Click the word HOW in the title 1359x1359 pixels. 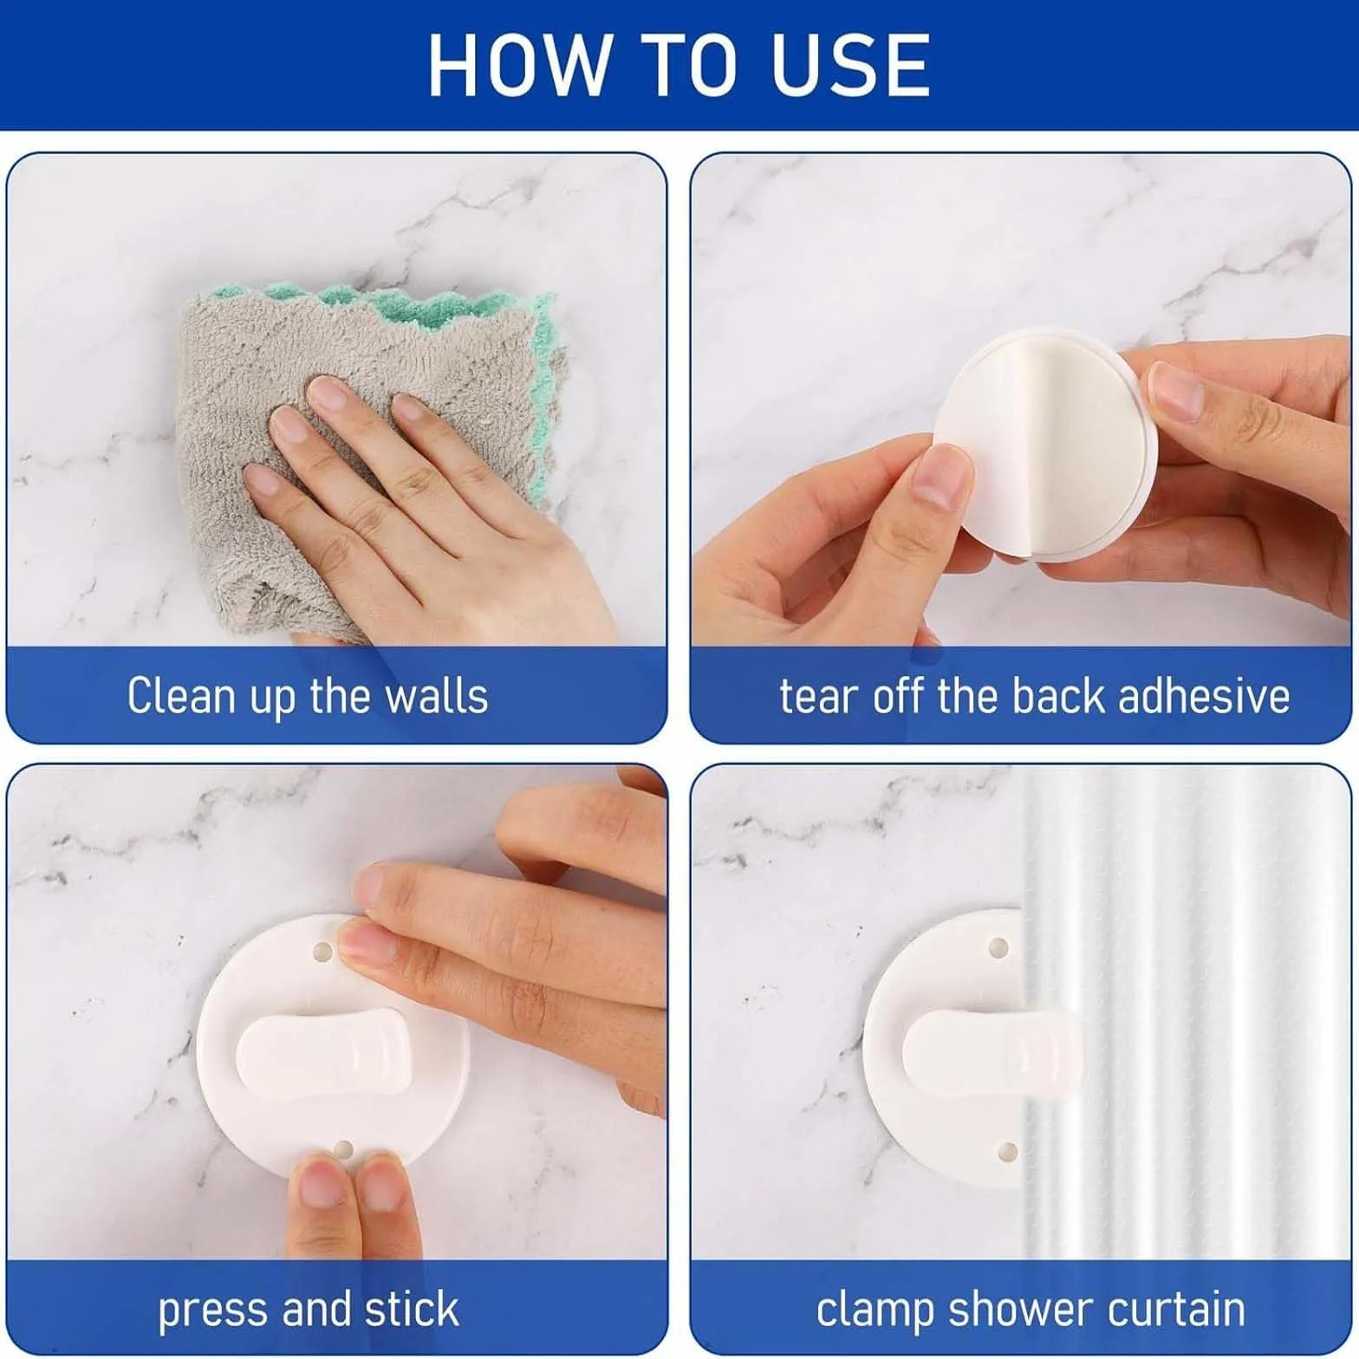click(x=518, y=65)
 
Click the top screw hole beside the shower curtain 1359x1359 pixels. click(x=998, y=947)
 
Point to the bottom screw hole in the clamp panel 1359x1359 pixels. click(x=1007, y=1153)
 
